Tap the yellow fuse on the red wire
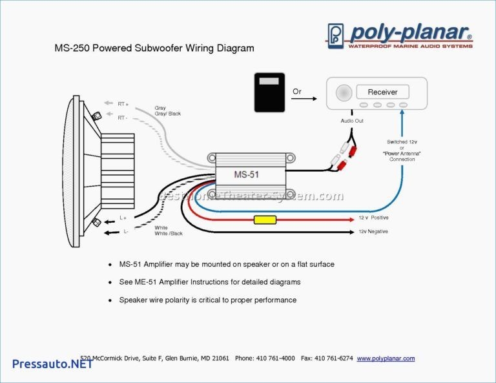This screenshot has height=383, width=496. (265, 220)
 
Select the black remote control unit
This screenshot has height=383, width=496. (269, 94)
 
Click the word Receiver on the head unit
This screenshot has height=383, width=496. (382, 92)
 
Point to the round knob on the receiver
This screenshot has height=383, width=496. (344, 93)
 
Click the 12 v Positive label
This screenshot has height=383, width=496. (374, 218)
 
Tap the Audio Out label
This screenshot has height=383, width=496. (352, 121)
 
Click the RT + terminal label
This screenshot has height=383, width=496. (123, 104)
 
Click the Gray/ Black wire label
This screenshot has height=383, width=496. (167, 114)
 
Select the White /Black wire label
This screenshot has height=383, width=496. (170, 234)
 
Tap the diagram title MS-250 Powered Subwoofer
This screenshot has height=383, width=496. (153, 48)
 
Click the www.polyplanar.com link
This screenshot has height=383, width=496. (386, 358)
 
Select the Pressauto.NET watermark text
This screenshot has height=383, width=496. (52, 364)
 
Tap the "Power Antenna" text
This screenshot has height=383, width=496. (402, 153)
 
